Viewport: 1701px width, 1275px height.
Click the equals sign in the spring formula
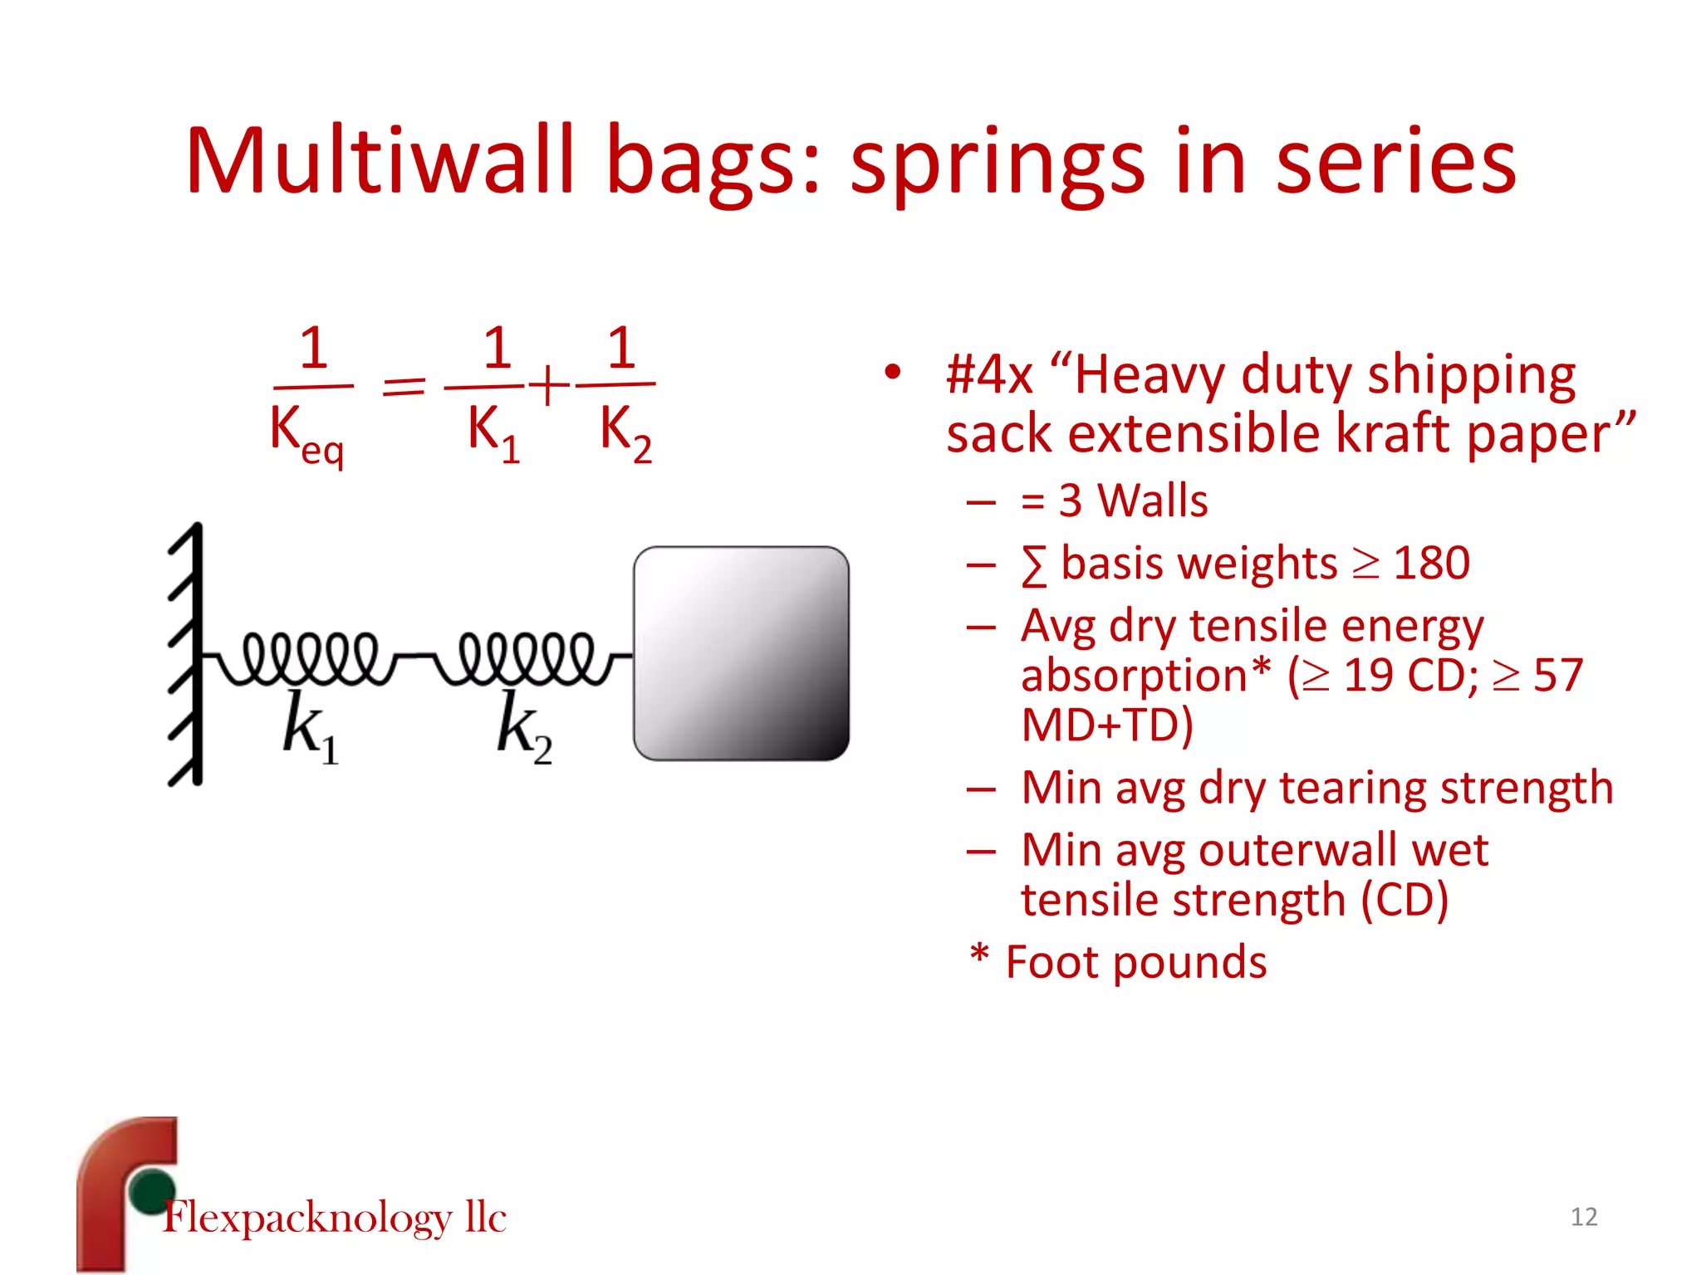pos(404,387)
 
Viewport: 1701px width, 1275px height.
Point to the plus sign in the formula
pos(549,386)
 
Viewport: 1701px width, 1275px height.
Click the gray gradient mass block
pos(741,652)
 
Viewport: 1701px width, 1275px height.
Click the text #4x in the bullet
pos(989,375)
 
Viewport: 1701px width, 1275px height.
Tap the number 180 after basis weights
pos(1431,564)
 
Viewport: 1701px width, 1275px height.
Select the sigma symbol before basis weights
pos(1033,566)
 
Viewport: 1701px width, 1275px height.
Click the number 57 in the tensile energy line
pos(1558,675)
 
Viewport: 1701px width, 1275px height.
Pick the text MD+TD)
pos(1106,725)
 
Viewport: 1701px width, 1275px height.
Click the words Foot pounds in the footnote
pos(1135,962)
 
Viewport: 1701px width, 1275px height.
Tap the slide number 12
pos(1583,1217)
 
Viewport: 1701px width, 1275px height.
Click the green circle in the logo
pos(153,1190)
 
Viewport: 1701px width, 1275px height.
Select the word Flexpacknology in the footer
pos(307,1218)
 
